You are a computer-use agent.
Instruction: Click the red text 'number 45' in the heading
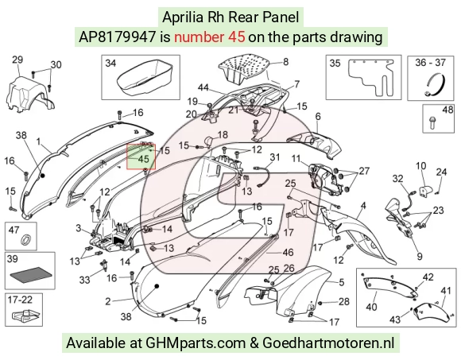[x=209, y=37]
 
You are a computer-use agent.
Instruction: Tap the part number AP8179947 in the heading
[x=118, y=37]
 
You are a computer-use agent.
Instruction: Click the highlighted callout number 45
[x=144, y=159]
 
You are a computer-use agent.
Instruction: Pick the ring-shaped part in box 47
[x=26, y=239]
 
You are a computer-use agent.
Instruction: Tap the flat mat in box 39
[x=31, y=275]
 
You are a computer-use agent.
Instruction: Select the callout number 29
[x=17, y=60]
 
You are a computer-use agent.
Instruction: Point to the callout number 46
[x=288, y=252]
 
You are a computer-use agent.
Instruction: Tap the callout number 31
[x=274, y=157]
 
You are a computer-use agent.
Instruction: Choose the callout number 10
[x=420, y=166]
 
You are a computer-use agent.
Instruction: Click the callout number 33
[x=85, y=280]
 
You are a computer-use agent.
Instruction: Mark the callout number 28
[x=344, y=301]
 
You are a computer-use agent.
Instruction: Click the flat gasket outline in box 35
[x=370, y=77]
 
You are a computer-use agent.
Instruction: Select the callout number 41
[x=446, y=291]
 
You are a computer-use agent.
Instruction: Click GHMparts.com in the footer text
[x=196, y=343]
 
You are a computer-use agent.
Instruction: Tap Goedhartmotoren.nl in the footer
[x=328, y=343]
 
